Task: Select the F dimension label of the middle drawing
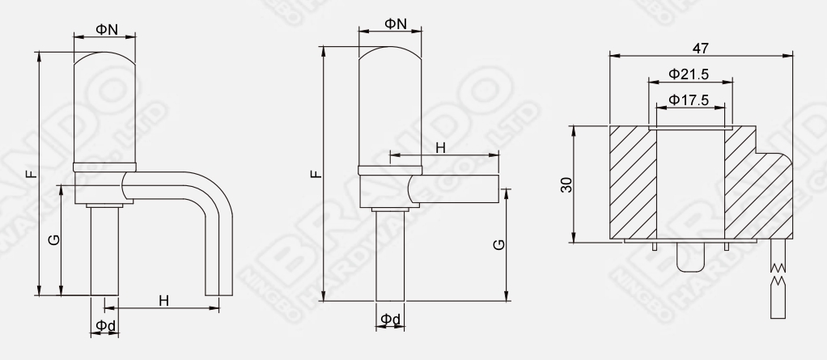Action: click(316, 173)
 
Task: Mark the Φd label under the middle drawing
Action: click(391, 320)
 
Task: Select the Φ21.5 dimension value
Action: click(689, 74)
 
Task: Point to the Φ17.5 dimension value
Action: click(689, 100)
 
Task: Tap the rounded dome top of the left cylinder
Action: click(104, 61)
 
